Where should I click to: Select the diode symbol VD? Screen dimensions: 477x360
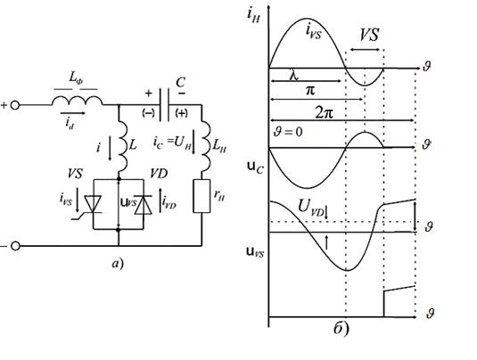pos(144,205)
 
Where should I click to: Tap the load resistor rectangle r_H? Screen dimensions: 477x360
pos(201,196)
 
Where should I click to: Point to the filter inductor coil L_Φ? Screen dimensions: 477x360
pos(77,101)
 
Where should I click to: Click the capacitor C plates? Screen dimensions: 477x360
pos(164,105)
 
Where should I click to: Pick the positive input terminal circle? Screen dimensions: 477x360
pos(15,105)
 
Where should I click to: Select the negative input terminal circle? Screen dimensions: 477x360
pos(15,246)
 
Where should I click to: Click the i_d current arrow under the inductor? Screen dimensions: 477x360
pos(73,113)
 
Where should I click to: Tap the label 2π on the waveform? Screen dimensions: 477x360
pos(325,113)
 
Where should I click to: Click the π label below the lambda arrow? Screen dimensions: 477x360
pos(310,91)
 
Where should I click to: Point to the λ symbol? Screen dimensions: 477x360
pos(294,75)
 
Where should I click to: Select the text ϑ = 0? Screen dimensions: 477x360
pos(288,133)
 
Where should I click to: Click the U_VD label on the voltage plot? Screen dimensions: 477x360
pos(311,208)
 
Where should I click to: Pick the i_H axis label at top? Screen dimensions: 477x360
pos(253,15)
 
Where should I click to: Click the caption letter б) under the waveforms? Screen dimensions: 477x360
pos(341,329)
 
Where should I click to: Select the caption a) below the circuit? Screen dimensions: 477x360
pos(118,263)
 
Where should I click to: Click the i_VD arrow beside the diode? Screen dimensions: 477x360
pos(160,200)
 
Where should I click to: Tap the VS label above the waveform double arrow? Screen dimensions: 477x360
pos(369,35)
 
